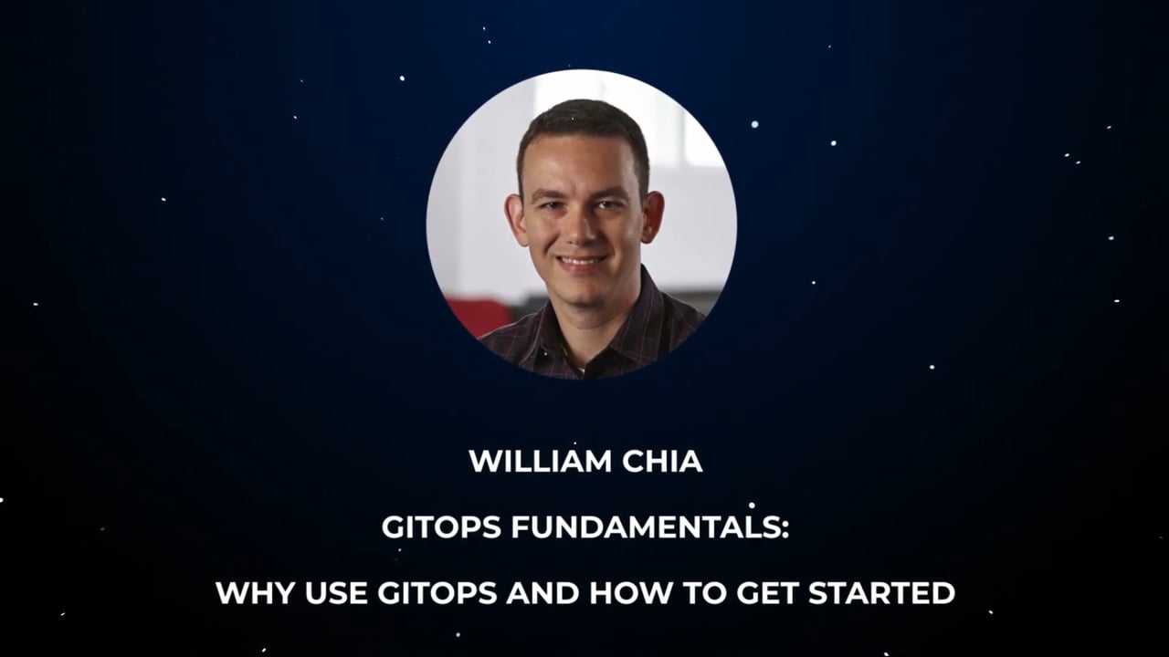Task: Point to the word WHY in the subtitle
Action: (250, 593)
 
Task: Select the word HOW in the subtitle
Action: (626, 593)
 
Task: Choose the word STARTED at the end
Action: (881, 593)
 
